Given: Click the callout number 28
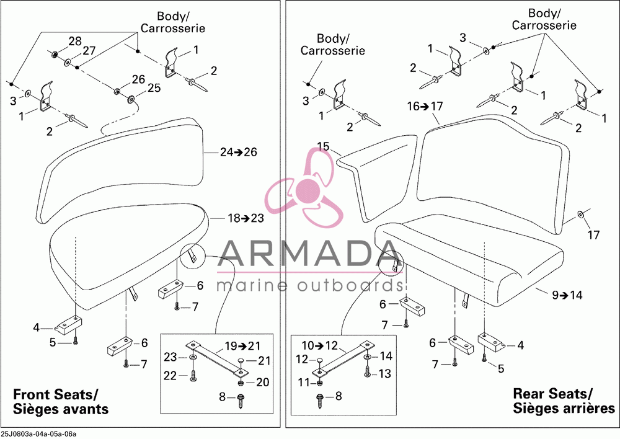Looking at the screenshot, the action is click(75, 41).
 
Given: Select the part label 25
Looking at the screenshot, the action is click(154, 87).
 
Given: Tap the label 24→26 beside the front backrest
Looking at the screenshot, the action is click(239, 152).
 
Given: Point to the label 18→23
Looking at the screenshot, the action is click(246, 218).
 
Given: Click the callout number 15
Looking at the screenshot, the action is click(323, 146).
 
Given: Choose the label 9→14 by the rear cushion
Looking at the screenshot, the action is click(567, 295).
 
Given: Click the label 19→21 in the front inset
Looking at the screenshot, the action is click(243, 346).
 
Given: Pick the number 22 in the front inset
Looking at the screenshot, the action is click(170, 375).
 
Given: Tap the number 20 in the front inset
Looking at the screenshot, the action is click(262, 382).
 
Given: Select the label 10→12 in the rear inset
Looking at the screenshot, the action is click(319, 345).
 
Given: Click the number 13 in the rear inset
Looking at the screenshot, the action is click(385, 373).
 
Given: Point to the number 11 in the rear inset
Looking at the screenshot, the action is click(304, 383).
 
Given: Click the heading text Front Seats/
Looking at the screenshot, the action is click(55, 394).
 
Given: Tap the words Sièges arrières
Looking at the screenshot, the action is click(564, 408).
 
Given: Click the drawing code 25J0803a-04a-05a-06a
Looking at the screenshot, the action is click(38, 434).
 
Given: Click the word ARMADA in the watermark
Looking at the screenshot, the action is click(307, 254).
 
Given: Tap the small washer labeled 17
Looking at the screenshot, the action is click(580, 214).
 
